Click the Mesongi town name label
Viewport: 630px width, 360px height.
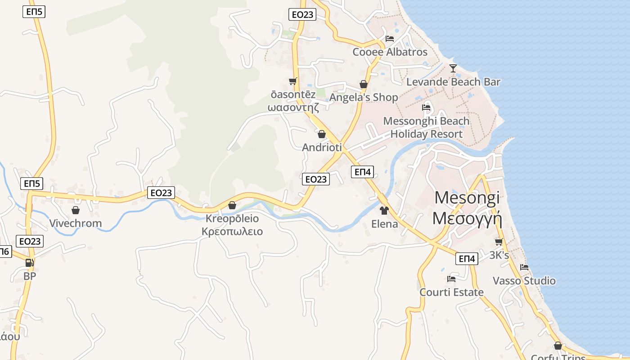467,207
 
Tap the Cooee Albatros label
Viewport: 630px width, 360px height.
390,52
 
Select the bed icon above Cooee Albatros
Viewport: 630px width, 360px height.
390,38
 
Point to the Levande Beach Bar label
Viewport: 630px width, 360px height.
453,82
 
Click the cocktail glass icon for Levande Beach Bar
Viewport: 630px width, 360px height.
453,68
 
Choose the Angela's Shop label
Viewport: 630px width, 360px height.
364,97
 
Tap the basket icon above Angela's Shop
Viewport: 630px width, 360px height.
364,84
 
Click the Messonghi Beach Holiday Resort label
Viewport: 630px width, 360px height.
426,127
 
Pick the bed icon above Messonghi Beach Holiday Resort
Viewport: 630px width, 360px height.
426,108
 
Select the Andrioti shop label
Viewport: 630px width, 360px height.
322,147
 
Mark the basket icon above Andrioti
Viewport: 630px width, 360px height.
322,134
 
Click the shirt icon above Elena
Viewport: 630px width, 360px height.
384,210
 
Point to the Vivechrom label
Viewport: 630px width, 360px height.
75,223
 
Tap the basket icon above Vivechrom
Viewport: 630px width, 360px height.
75,210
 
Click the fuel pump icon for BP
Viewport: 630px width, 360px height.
29,263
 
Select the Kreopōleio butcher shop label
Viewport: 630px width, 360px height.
232,225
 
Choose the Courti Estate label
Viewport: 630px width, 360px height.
451,292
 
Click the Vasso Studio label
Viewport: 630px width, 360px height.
524,281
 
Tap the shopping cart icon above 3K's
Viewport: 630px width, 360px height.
499,242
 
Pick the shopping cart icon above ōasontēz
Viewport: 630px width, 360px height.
293,81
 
